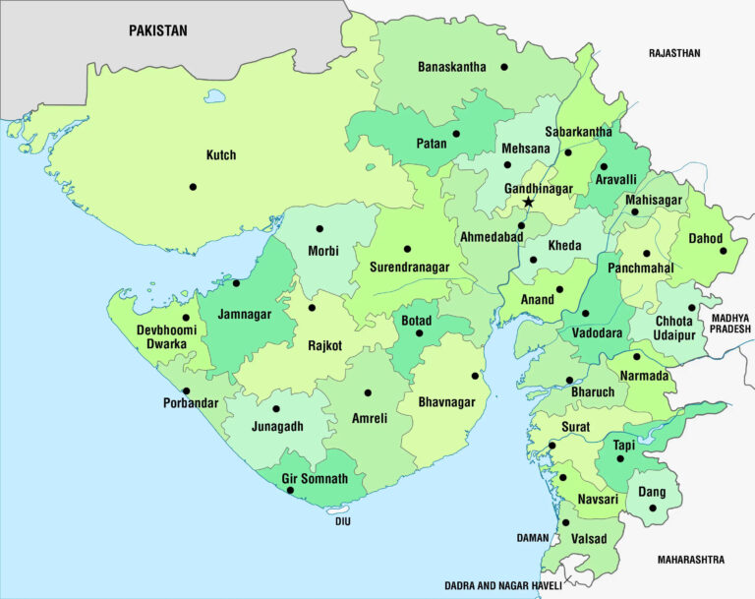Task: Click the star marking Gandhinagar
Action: tap(528, 202)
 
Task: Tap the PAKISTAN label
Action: tap(157, 30)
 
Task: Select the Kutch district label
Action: tap(220, 155)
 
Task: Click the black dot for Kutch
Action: tap(193, 187)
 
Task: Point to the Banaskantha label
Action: tap(451, 67)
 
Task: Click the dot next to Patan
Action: tap(456, 134)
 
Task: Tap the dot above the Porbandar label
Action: tap(187, 390)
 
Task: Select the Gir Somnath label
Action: tap(315, 478)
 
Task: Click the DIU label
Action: tap(342, 521)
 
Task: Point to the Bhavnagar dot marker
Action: tap(475, 375)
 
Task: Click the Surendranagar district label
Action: tap(409, 267)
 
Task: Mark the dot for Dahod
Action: tap(724, 250)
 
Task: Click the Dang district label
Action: tap(651, 492)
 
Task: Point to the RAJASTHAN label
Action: tap(674, 53)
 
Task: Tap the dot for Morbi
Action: tap(319, 228)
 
